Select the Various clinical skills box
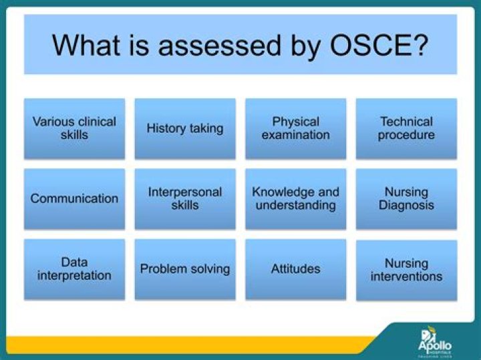[x=74, y=128]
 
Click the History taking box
[x=185, y=128]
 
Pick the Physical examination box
[x=295, y=128]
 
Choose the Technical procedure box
[x=406, y=128]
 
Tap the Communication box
[x=74, y=199]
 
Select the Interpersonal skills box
[x=185, y=199]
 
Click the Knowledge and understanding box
[x=295, y=199]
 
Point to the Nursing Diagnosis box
[x=406, y=199]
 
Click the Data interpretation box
[x=74, y=269]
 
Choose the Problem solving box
[x=185, y=269]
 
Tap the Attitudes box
[x=295, y=269]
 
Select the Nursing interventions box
[x=406, y=270]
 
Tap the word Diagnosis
[x=406, y=206]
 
